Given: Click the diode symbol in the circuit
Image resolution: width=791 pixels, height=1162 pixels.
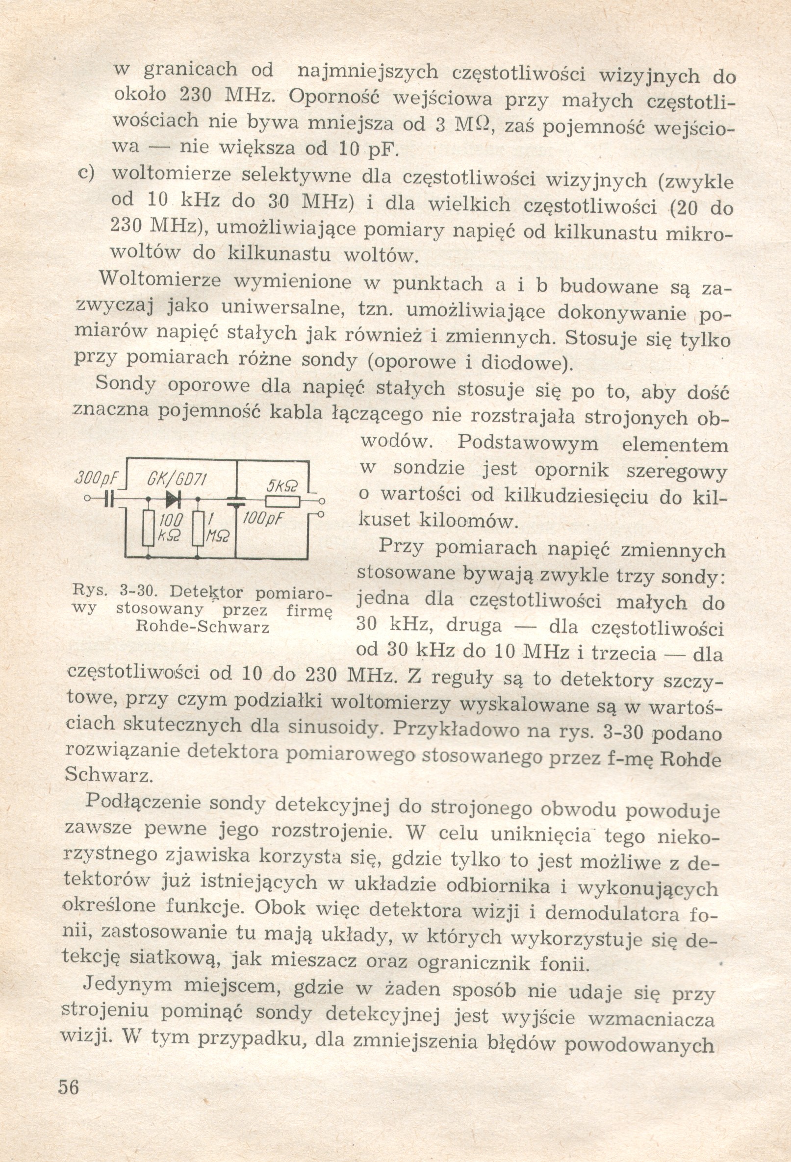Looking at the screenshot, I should pyautogui.click(x=174, y=498).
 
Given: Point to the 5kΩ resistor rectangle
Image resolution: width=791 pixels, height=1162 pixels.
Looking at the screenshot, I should pyautogui.click(x=282, y=502).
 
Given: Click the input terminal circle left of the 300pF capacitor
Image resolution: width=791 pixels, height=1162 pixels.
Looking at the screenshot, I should pyautogui.click(x=87, y=499).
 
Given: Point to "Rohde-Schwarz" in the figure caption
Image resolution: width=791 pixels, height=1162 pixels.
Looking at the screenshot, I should pyautogui.click(x=202, y=627).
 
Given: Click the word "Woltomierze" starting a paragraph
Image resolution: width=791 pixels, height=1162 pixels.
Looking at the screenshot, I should pyautogui.click(x=160, y=279).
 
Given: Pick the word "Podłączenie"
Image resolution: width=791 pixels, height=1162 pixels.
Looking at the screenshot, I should pyautogui.click(x=145, y=803).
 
